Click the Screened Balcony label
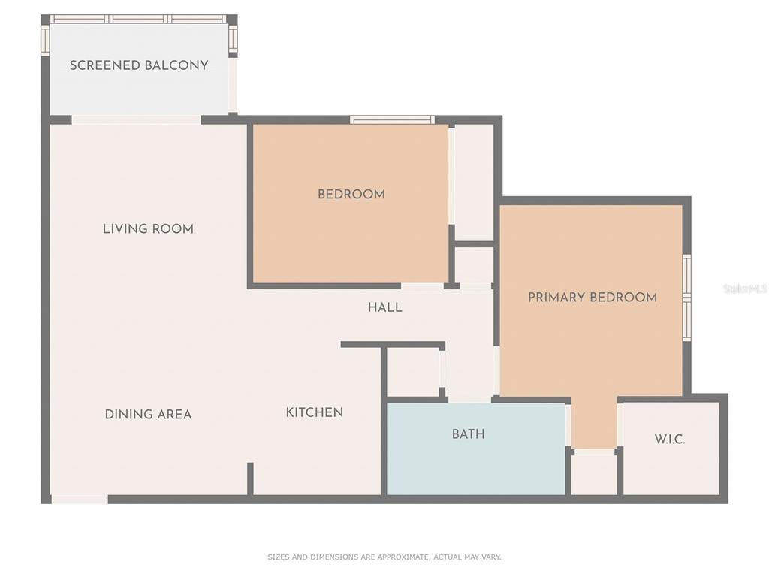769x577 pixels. [139, 65]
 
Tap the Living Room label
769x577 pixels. [148, 228]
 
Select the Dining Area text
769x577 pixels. [148, 415]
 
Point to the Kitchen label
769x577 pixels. [315, 412]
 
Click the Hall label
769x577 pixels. [385, 307]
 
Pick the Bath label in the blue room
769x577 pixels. [469, 434]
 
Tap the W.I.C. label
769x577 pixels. [670, 439]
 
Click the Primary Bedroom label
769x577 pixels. [593, 298]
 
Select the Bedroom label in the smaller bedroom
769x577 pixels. [351, 195]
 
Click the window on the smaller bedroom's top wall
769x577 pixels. [392, 119]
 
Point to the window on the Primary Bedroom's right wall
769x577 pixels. [686, 298]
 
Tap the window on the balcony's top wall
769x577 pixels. [139, 19]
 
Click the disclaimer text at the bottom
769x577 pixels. [384, 557]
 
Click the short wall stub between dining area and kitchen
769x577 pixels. [250, 479]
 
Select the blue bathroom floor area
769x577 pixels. [476, 449]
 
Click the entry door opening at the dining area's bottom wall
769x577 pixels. [80, 500]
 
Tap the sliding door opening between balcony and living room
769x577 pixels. [137, 119]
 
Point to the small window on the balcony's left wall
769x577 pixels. [45, 41]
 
